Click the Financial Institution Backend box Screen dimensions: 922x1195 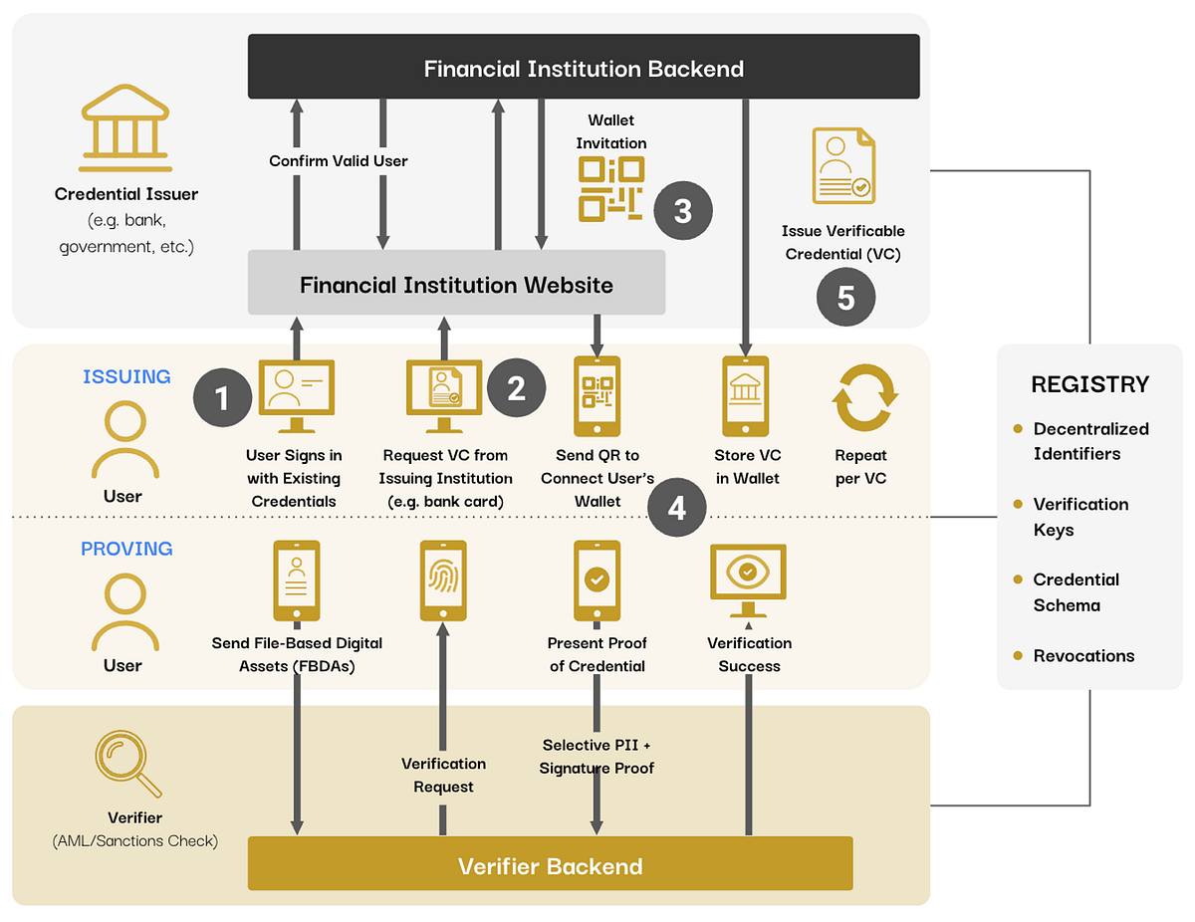584,68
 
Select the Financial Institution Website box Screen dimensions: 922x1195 456,284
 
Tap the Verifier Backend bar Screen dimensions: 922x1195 550,864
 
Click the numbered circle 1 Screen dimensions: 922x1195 222,398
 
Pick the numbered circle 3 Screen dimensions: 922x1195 682,211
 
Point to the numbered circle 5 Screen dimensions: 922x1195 845,298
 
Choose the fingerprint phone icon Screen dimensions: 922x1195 443,580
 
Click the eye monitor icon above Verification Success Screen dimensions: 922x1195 748,576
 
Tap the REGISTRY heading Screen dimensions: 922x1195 1089,384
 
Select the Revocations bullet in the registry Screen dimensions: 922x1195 1083,655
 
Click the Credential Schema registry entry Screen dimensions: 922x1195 1075,592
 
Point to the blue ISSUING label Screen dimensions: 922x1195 126,376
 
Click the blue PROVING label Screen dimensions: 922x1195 126,549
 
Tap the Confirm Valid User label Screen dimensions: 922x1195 339,160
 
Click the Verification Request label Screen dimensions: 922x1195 443,775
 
